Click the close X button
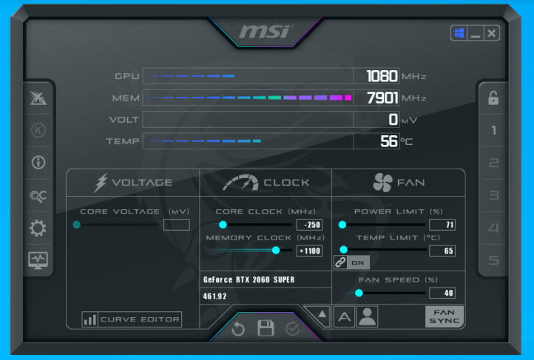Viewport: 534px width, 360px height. (491, 33)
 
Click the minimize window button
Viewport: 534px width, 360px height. (476, 33)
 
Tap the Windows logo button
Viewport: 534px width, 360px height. (459, 33)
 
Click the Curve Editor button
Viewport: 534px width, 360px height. (132, 319)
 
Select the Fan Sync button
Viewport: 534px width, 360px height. (445, 316)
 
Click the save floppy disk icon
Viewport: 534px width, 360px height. (266, 328)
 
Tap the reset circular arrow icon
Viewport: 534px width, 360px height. (238, 329)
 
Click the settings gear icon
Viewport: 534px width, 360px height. (38, 228)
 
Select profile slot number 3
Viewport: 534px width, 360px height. (494, 195)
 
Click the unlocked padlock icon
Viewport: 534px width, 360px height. (493, 98)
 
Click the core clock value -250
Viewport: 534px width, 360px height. (309, 225)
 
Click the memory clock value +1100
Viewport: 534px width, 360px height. (309, 251)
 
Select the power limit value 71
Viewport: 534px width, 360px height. (442, 225)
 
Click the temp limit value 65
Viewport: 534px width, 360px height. (442, 251)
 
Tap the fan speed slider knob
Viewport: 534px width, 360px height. (359, 293)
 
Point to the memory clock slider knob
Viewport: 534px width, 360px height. (276, 251)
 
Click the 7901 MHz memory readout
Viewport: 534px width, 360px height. (382, 98)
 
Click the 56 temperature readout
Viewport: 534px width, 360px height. (389, 141)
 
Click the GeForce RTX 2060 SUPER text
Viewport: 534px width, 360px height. (249, 279)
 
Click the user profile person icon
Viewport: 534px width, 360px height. (367, 316)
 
